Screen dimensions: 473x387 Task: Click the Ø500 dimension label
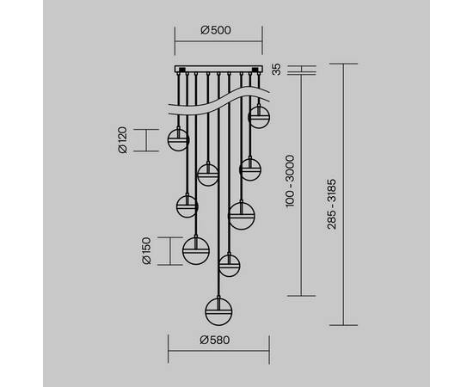pos(216,30)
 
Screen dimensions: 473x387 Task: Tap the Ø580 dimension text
pos(215,340)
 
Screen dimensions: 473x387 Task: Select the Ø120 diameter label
pos(123,140)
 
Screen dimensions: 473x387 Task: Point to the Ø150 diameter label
pos(146,251)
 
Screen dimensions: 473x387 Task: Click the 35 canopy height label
pos(276,69)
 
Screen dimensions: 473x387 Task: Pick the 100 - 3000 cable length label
pos(290,181)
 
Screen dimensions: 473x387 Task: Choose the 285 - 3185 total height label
pos(332,204)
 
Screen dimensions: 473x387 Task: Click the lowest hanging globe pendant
pos(218,311)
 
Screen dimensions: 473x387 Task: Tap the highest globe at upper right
pos(259,117)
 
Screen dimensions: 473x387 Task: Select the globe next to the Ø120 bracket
pos(178,140)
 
